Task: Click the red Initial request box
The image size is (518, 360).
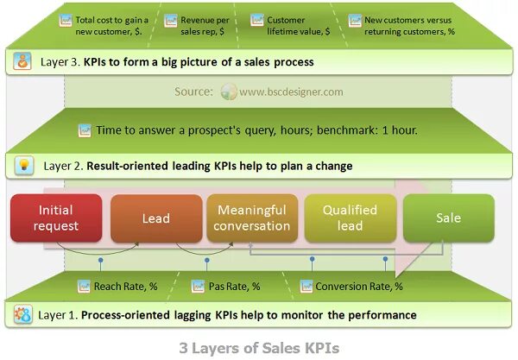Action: tap(56, 218)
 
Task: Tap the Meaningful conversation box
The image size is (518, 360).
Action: tap(253, 218)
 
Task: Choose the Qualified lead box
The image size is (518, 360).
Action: tap(351, 218)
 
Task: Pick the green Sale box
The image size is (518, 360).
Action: tap(448, 218)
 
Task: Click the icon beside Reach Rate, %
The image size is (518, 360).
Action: tap(85, 286)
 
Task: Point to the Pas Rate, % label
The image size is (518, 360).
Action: tap(234, 287)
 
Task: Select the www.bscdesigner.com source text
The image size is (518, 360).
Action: tap(291, 92)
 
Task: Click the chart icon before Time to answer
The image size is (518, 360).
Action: tap(85, 131)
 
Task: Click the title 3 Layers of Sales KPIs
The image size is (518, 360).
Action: tap(259, 347)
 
